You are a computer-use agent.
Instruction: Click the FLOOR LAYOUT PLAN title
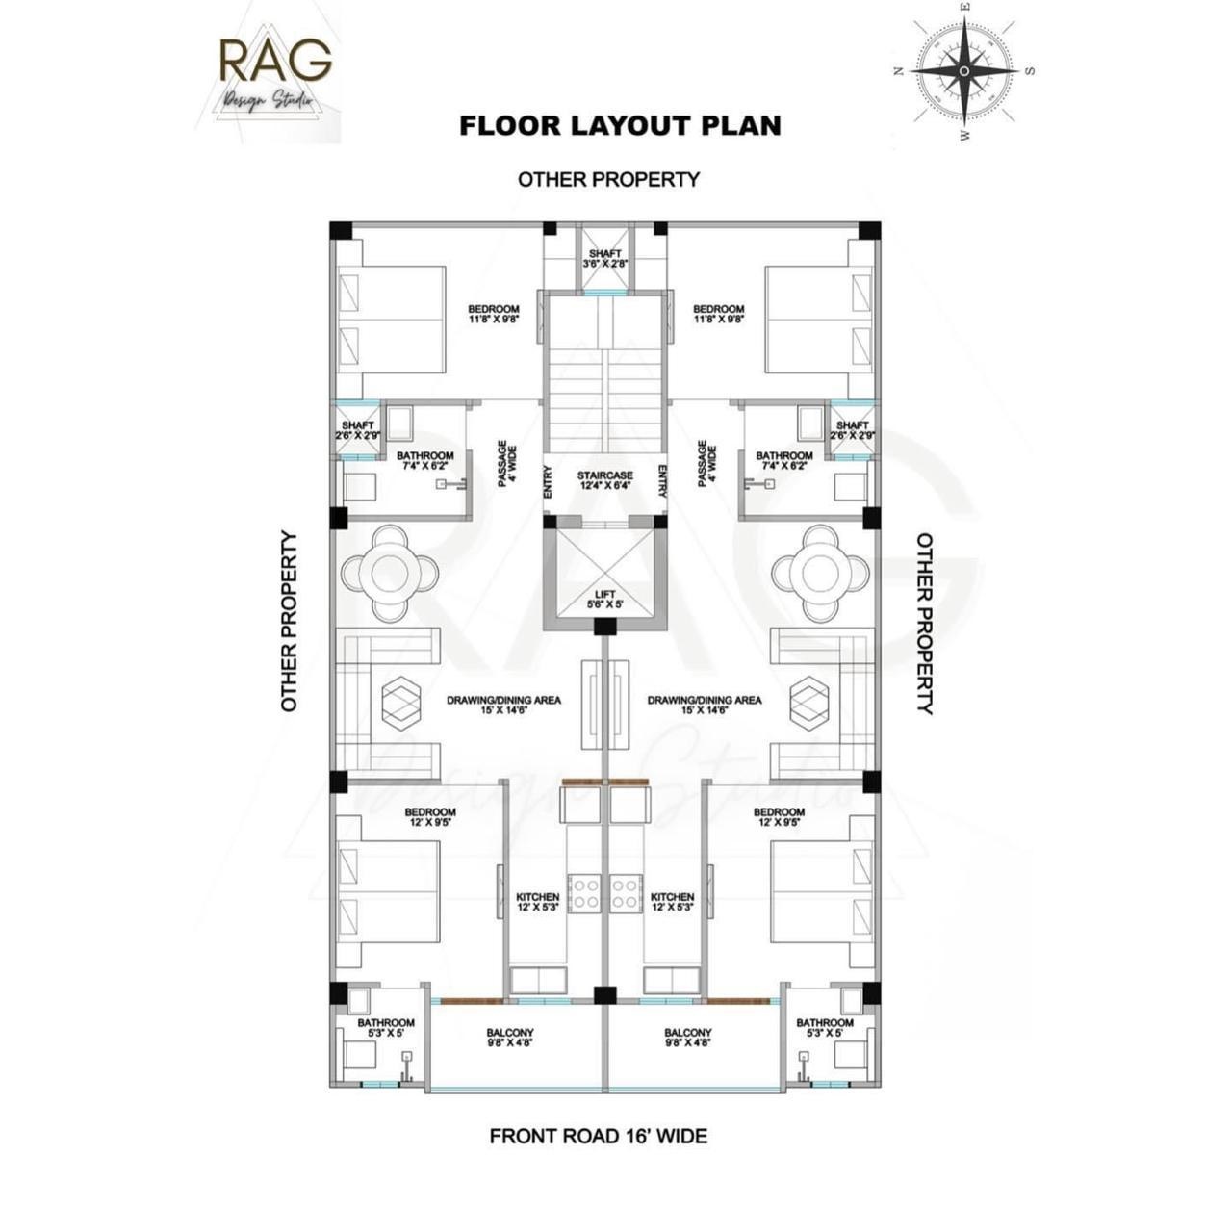620,126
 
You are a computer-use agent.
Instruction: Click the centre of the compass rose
964,71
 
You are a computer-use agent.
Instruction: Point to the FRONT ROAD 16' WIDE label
598,1136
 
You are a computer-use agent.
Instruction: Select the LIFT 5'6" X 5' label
604,600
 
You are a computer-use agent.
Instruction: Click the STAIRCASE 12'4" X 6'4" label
604,480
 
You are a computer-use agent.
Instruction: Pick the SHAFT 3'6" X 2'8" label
604,258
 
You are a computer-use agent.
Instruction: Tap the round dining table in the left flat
390,573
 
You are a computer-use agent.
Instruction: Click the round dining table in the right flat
819,573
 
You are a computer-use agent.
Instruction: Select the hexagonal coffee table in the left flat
401,700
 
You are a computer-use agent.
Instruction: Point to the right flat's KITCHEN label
672,902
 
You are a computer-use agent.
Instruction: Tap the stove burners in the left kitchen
584,892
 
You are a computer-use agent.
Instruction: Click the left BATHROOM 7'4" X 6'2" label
424,460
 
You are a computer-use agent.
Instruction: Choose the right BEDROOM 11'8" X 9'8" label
718,314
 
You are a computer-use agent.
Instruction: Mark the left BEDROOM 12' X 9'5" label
429,817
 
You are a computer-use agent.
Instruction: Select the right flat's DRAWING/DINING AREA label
705,705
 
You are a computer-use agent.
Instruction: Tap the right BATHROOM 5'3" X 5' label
824,1027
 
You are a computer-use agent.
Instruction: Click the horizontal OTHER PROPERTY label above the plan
608,179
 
